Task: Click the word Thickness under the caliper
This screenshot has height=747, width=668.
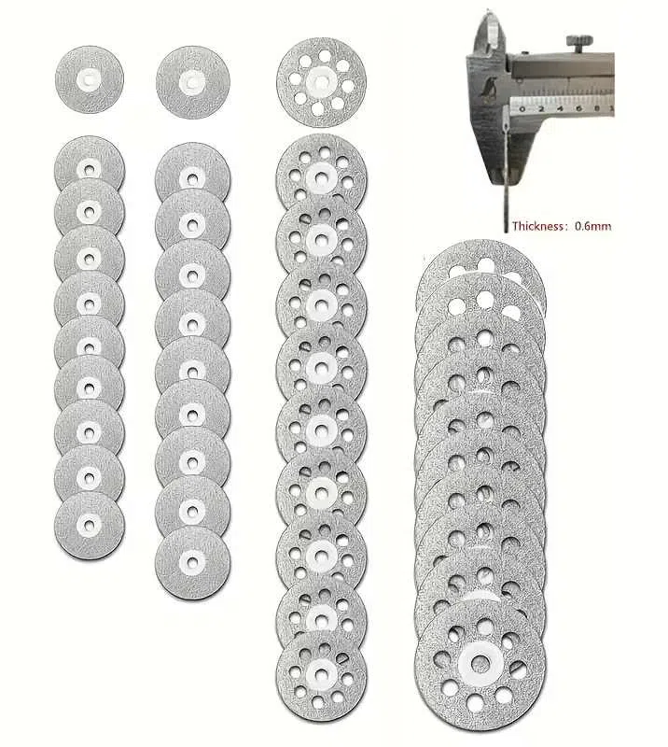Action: coord(537,226)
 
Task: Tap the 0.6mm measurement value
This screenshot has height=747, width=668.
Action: coord(592,226)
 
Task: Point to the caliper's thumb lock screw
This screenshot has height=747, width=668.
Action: coord(579,42)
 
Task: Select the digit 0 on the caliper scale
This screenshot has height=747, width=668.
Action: coord(522,109)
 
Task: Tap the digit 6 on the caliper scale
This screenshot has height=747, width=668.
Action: coord(578,108)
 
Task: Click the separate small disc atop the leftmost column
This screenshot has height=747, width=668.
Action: coord(90,79)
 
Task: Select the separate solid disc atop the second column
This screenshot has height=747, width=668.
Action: coord(193,82)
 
